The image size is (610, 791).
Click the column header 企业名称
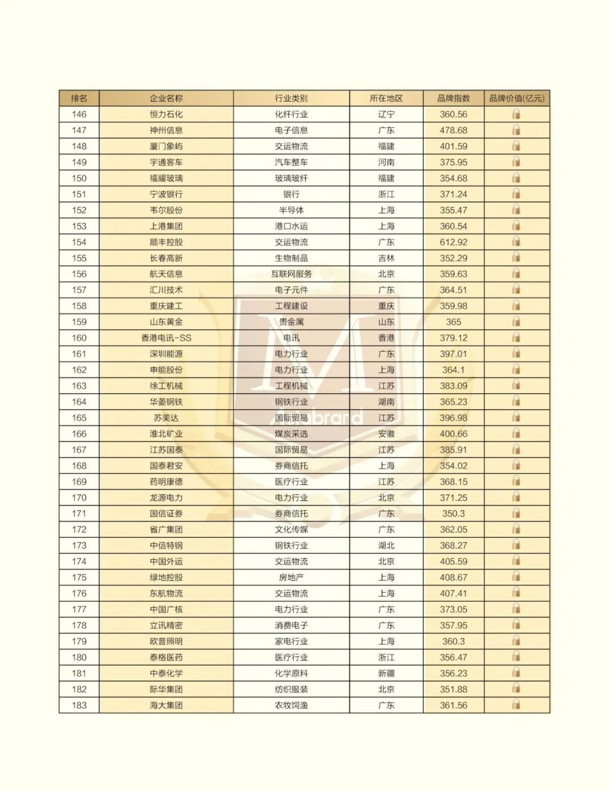pos(166,98)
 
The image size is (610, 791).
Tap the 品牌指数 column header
pos(454,98)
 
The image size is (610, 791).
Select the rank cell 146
pos(79,114)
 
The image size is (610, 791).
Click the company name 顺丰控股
pos(166,242)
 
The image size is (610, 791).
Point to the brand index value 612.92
pos(454,242)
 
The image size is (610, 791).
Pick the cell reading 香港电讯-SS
pos(166,338)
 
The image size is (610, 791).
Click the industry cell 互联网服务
pos(291,274)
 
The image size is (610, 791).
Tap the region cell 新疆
pos(386,673)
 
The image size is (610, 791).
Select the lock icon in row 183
pos(516,705)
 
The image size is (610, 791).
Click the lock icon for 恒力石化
pos(516,114)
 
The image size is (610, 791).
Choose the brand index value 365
pos(454,322)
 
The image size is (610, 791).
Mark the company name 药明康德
pos(166,482)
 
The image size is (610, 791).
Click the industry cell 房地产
pos(291,577)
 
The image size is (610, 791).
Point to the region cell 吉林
pos(386,258)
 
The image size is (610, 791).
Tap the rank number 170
pos(79,498)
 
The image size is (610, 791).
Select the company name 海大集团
pos(166,705)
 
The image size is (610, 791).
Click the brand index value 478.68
pos(454,130)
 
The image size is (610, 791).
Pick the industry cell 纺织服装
pos(291,689)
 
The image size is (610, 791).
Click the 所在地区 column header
pos(386,98)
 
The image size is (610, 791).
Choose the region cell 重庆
pos(386,306)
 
